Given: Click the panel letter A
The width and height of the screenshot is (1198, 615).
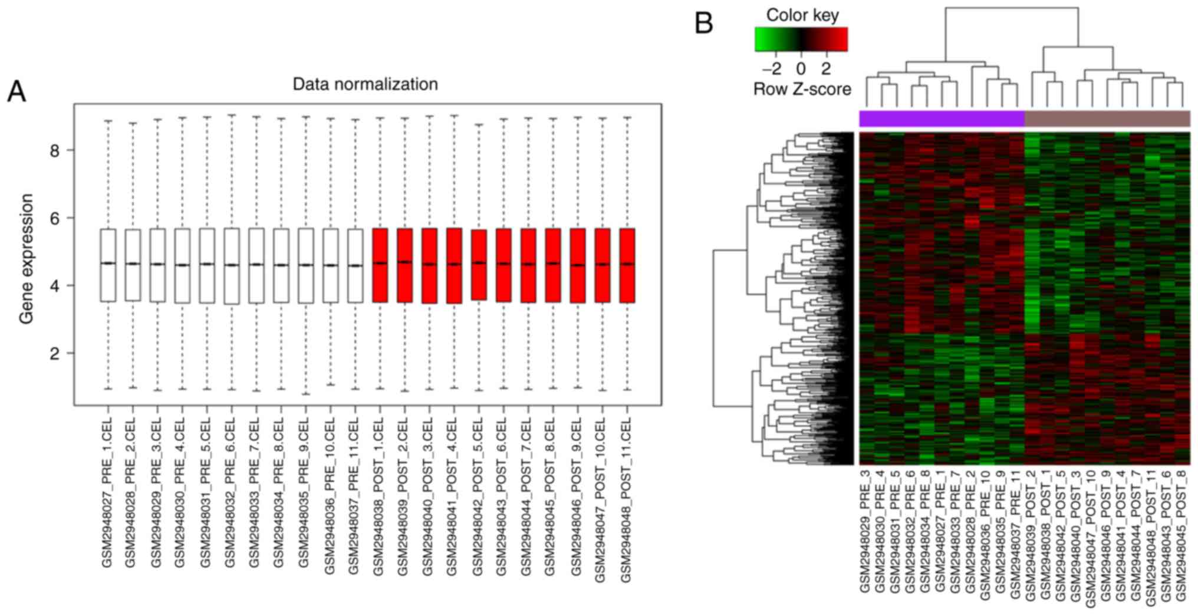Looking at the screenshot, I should click(17, 92).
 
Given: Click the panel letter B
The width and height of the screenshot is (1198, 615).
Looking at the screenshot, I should click(704, 24).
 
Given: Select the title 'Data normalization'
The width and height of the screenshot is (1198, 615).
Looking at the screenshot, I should click(365, 84).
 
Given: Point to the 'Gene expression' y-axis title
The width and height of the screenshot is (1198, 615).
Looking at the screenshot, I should click(26, 259).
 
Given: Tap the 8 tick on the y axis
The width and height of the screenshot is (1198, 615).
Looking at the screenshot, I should click(55, 151).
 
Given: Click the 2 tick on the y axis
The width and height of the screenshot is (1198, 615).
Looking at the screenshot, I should click(55, 354).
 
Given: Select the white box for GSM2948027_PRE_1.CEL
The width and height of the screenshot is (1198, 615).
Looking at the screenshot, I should click(108, 265).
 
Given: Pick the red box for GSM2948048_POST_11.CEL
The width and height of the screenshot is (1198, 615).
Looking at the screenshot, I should click(627, 265).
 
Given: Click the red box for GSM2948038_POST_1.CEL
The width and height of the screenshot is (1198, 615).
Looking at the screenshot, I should click(380, 265).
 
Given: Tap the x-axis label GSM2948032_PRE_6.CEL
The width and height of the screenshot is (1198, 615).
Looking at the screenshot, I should click(231, 492).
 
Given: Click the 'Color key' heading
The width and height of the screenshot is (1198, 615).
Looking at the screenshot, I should click(802, 15).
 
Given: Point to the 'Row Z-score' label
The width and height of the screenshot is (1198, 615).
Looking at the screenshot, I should click(802, 89).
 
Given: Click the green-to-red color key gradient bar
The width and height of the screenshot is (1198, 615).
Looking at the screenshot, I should click(801, 40).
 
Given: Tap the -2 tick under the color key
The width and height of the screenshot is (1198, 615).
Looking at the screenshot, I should click(772, 69).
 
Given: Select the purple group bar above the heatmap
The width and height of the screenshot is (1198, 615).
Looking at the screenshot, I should click(942, 119).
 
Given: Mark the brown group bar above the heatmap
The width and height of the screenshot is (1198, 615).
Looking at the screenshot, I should click(1107, 119).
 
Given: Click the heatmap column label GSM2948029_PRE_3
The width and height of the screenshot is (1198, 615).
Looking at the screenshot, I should click(866, 530).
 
